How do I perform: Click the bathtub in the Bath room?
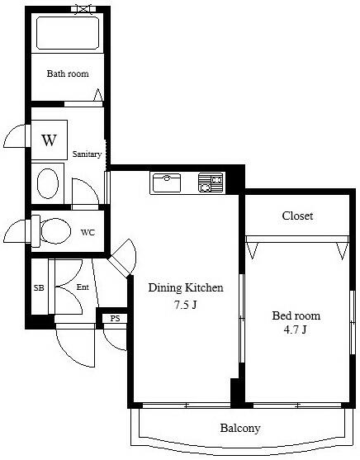[x=68, y=33]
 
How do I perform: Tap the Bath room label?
[x=68, y=74]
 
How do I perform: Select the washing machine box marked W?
[x=50, y=140]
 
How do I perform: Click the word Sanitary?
[x=87, y=154]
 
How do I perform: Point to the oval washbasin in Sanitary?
[x=48, y=183]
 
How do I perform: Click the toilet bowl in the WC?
[x=55, y=231]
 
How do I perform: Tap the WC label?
[x=88, y=233]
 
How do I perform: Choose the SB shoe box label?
[x=39, y=287]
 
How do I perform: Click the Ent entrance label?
[x=83, y=287]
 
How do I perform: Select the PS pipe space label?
[x=115, y=318]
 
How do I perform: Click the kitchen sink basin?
[x=167, y=183]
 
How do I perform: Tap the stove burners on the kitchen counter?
[x=211, y=183]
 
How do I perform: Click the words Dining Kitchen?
[x=186, y=287]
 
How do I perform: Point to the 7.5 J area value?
[x=185, y=305]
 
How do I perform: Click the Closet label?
[x=297, y=216]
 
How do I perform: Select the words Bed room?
[x=296, y=315]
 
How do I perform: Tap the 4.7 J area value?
[x=295, y=330]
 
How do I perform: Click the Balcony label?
[x=240, y=428]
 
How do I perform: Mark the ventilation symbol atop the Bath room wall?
[x=83, y=9]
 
